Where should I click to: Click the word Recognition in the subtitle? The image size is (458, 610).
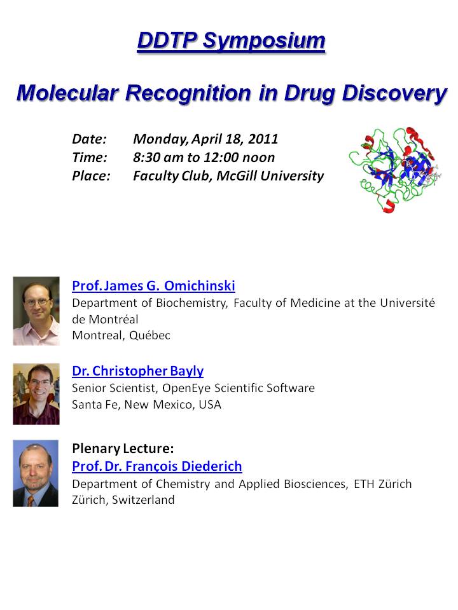coord(188,93)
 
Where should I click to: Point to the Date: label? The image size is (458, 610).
coord(89,139)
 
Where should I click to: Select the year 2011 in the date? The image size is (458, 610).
coord(263,139)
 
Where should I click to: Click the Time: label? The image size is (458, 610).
coord(90,158)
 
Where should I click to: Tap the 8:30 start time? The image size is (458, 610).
coord(146,158)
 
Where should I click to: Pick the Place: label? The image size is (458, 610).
coord(91,176)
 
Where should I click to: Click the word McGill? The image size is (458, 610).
coord(237,176)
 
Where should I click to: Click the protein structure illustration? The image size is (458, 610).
coord(395,170)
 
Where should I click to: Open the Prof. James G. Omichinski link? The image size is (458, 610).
coord(153,285)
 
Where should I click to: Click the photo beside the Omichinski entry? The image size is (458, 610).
coord(36,311)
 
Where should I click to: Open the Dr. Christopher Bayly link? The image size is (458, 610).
coord(138,370)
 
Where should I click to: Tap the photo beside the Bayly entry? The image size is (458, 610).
coord(36,394)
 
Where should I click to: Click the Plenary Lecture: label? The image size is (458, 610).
coord(123,449)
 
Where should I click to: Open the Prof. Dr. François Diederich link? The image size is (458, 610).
coord(157,466)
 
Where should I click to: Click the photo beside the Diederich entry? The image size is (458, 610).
coord(36,473)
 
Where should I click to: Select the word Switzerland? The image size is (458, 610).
coord(143,499)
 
